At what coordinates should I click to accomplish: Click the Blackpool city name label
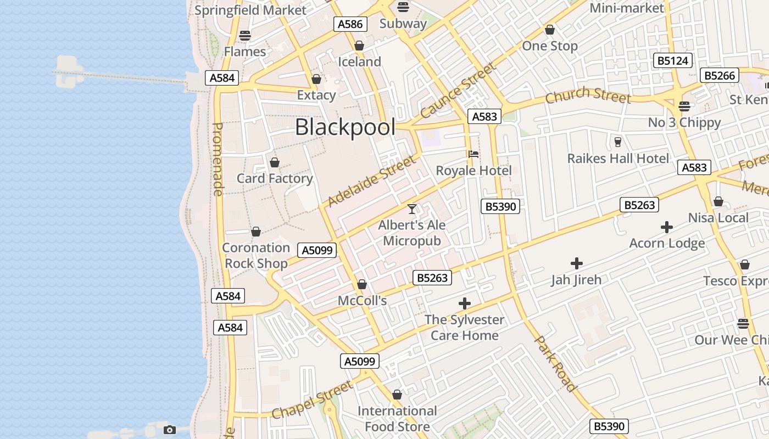click(345, 127)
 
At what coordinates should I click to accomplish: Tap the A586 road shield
click(350, 24)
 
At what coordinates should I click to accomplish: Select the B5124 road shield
click(672, 60)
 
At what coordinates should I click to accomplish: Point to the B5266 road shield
click(720, 76)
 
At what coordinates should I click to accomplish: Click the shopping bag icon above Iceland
click(359, 46)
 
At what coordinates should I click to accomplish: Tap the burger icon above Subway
click(403, 7)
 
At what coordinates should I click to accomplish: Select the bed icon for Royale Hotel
click(473, 154)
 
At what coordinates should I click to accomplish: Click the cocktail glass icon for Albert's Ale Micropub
click(412, 209)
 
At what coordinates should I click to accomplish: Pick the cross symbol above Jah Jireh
click(577, 264)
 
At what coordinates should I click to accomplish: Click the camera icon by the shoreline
click(170, 430)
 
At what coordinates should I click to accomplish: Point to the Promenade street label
click(218, 159)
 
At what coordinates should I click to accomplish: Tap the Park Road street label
click(556, 364)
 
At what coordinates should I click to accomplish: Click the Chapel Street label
click(312, 400)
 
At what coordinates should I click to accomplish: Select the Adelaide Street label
click(372, 181)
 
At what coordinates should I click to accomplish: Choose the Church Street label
click(588, 95)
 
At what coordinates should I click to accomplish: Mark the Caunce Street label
click(458, 91)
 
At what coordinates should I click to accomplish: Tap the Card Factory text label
click(275, 178)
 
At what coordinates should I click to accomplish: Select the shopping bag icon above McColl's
click(362, 284)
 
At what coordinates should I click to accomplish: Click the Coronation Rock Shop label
click(256, 256)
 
